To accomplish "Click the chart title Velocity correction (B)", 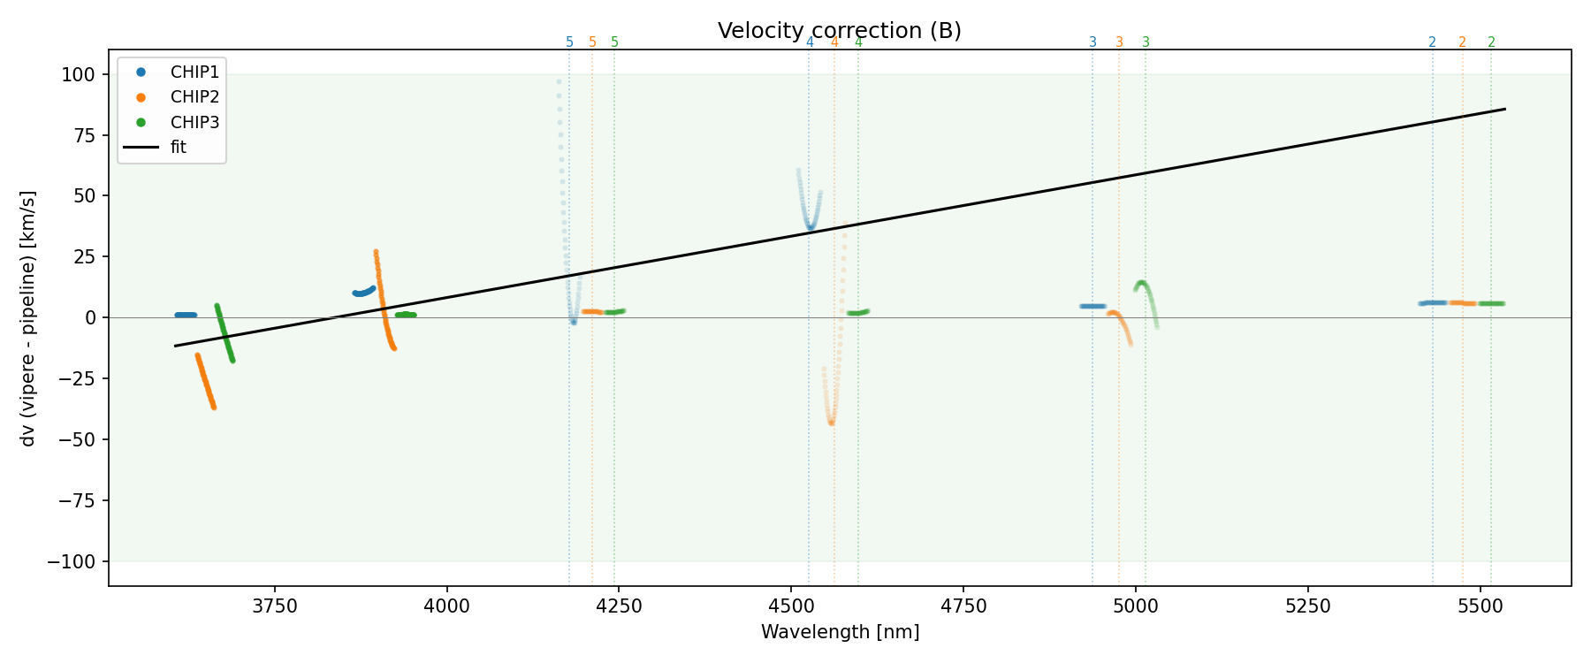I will [839, 31].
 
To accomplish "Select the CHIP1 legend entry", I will [194, 72].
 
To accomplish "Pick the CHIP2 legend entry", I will [194, 97].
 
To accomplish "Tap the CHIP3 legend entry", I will [194, 122].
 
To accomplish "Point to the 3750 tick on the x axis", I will [275, 606].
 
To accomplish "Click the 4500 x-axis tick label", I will [791, 606].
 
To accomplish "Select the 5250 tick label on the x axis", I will [1307, 606].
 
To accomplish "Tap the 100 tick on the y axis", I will [78, 75].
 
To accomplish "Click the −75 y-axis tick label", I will [73, 501].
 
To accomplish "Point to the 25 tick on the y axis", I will [82, 257].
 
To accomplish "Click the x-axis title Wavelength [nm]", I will [840, 632].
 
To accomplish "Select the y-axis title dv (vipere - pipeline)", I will [28, 318].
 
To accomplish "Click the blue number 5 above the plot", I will [569, 42].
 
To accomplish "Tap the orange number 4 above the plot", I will [834, 42].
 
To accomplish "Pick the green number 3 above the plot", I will [1146, 42].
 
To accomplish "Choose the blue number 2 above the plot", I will [1432, 42].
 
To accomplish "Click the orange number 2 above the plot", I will [1462, 42].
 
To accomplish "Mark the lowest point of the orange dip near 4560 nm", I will [831, 423].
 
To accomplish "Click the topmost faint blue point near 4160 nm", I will [559, 82].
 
